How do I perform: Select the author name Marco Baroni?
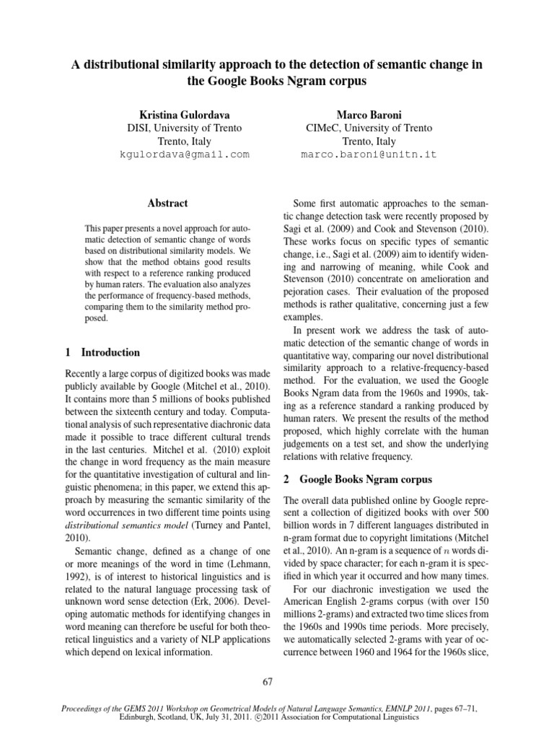(369, 114)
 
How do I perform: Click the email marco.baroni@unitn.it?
(369, 154)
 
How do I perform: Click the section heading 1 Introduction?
(102, 352)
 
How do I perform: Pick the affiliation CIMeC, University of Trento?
(369, 128)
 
